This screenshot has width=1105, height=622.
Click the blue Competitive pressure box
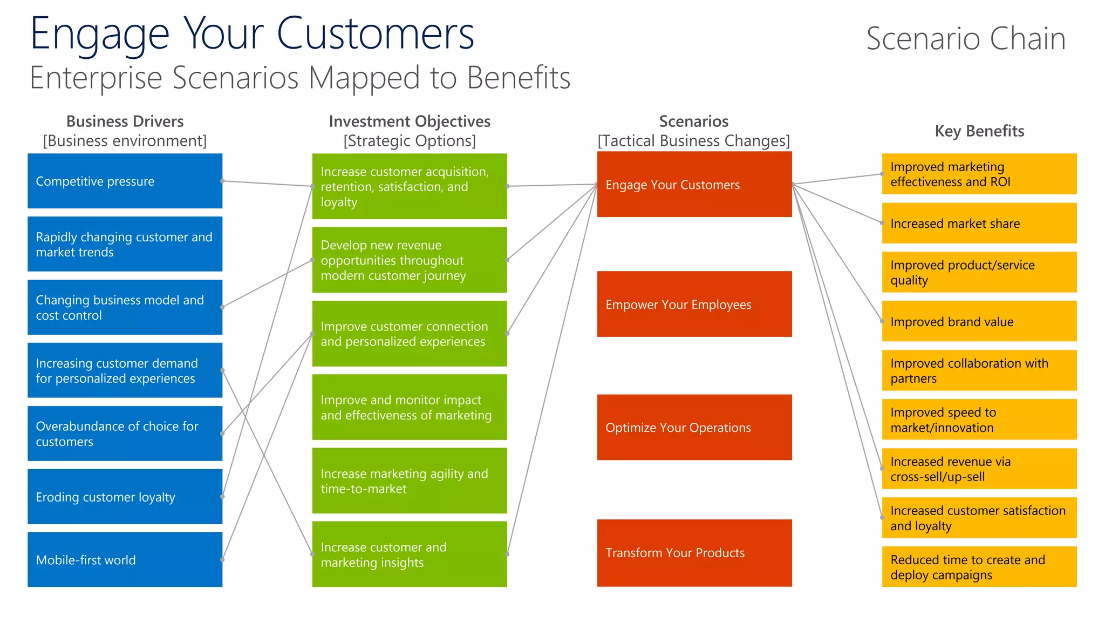(125, 181)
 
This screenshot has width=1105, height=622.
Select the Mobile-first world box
(125, 559)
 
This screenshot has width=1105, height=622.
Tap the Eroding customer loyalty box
(125, 496)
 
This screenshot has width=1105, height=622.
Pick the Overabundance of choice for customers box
(125, 433)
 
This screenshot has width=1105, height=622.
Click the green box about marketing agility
(409, 481)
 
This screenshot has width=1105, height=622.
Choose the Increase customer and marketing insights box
(409, 554)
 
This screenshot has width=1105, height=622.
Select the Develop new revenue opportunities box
(409, 260)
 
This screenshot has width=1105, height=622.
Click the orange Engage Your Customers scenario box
(694, 185)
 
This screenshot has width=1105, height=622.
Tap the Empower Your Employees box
(694, 304)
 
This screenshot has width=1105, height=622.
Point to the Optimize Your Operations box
(694, 427)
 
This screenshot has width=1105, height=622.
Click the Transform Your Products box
(694, 553)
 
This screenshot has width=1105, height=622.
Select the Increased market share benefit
(979, 223)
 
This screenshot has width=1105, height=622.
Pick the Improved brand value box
(979, 321)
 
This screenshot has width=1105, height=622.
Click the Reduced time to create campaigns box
(979, 567)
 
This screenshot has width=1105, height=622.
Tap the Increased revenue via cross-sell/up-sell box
(979, 469)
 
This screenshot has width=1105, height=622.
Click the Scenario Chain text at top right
(966, 39)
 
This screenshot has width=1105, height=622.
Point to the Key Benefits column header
(979, 131)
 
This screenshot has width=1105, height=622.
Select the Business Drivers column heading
(125, 121)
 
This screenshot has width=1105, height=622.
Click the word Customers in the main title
(375, 33)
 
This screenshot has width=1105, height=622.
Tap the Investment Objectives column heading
(409, 121)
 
